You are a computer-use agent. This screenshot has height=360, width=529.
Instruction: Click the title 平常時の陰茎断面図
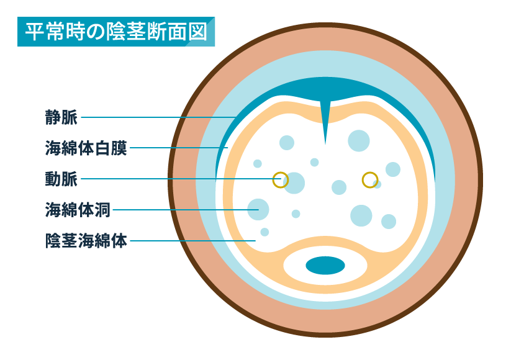(116, 32)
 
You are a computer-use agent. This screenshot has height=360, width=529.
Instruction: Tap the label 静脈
(61, 117)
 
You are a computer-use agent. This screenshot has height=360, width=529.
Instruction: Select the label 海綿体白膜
(86, 148)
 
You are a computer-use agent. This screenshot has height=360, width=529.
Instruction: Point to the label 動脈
(61, 179)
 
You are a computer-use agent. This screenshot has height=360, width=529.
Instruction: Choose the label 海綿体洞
(78, 210)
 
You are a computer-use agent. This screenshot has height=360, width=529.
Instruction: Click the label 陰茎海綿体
(86, 241)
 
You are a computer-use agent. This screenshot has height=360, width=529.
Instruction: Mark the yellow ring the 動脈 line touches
(281, 179)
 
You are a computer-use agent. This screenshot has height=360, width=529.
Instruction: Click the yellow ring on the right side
(370, 180)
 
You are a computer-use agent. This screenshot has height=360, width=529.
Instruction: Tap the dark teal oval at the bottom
(325, 265)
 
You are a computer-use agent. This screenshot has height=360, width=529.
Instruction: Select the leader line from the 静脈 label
(158, 117)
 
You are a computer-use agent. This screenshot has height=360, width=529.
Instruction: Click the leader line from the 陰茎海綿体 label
(192, 241)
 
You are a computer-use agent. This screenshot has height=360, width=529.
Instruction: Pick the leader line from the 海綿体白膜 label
(179, 148)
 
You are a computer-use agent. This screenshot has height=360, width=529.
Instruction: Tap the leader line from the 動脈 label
(181, 179)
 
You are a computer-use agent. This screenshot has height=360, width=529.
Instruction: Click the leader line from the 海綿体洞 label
(186, 210)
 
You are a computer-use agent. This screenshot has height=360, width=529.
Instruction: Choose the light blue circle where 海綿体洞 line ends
(258, 210)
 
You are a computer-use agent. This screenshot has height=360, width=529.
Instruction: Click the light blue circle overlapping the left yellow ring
(294, 183)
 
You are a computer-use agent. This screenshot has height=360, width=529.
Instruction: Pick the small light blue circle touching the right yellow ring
(377, 184)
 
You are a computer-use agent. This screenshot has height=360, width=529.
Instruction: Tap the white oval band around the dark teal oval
(325, 265)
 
